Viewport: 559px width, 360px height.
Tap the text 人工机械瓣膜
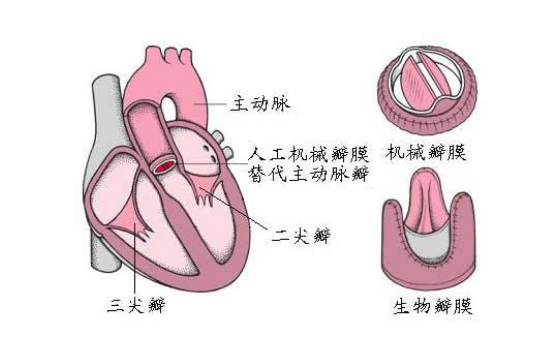click(309, 155)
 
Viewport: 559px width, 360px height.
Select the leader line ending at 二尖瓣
click(250, 215)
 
